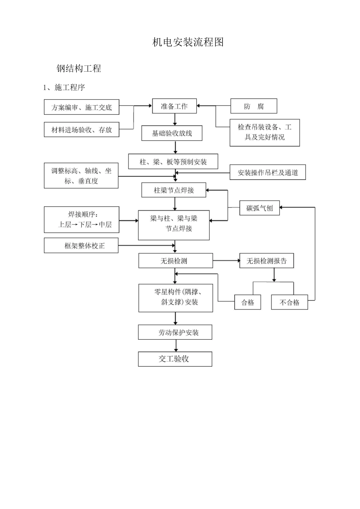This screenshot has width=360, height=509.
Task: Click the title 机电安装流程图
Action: click(188, 42)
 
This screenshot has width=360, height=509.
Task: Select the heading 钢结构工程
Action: click(79, 68)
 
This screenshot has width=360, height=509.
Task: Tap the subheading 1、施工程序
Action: click(64, 87)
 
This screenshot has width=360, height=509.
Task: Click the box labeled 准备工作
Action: click(174, 106)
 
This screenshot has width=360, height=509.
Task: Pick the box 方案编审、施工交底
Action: click(81, 107)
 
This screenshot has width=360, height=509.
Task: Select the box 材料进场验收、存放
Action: click(81, 130)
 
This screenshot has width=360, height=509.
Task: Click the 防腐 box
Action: click(254, 106)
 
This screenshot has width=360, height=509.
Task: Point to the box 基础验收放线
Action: click(172, 133)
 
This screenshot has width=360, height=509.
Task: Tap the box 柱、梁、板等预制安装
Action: click(173, 162)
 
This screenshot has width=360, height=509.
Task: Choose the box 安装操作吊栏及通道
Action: click(268, 172)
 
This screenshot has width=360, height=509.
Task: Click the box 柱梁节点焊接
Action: click(174, 190)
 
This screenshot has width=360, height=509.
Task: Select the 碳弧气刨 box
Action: click(260, 208)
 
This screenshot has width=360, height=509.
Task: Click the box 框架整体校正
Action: click(81, 245)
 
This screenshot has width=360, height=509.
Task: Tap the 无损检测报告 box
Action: click(266, 261)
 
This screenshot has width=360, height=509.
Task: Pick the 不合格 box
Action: click(290, 302)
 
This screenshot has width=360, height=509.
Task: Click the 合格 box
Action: click(248, 302)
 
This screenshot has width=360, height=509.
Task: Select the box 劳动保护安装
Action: click(175, 332)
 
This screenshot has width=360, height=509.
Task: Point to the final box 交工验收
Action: click(175, 359)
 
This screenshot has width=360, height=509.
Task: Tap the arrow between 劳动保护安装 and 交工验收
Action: click(176, 345)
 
